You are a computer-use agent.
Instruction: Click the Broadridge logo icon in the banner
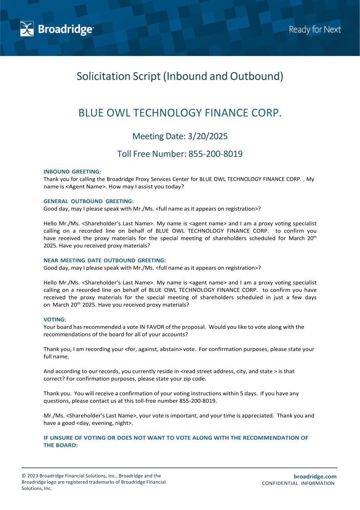click(x=27, y=29)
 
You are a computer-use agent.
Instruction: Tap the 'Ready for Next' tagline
click(x=315, y=30)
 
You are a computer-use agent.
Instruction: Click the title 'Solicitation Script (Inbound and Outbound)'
click(x=180, y=76)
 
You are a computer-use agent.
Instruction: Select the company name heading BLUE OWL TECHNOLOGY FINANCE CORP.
click(x=180, y=112)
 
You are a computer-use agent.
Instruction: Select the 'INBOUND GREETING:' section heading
click(x=72, y=172)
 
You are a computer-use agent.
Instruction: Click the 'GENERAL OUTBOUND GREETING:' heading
click(x=89, y=201)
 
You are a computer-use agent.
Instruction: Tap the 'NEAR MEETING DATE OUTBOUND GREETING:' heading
click(x=105, y=260)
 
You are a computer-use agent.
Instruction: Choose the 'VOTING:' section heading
click(x=55, y=319)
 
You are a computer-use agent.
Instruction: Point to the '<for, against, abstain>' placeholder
click(x=153, y=349)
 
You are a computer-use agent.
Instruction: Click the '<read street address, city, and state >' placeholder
click(x=229, y=371)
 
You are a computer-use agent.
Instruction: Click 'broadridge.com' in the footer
click(x=315, y=476)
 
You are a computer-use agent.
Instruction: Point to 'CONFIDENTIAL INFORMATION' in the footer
click(x=298, y=483)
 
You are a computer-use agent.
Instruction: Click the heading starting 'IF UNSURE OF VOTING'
click(x=176, y=438)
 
